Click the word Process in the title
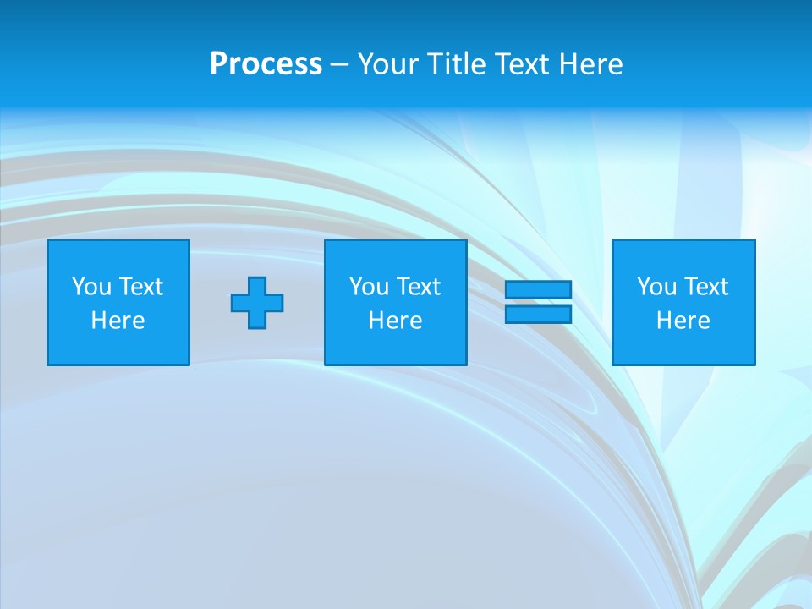[x=266, y=64]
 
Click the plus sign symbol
[x=257, y=302]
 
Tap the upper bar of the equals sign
[x=539, y=289]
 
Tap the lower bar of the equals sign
[x=539, y=315]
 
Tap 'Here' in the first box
[x=118, y=321]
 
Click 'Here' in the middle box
[x=395, y=321]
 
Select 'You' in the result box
[x=656, y=287]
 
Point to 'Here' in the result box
[x=683, y=321]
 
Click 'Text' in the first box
[x=141, y=287]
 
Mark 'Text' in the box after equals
[x=706, y=287]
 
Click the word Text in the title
[x=522, y=64]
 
